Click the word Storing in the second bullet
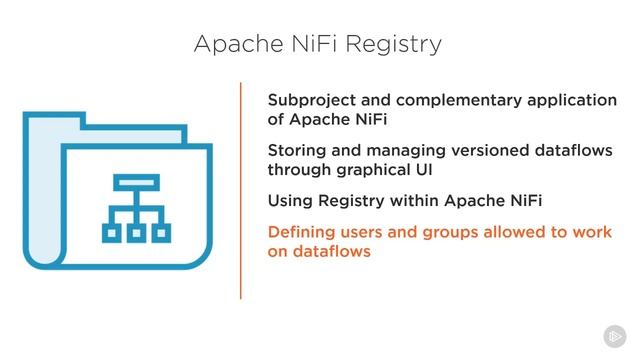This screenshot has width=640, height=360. [x=297, y=150]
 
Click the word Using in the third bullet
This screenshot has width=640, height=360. [x=289, y=202]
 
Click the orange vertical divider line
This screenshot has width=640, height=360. [x=241, y=190]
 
